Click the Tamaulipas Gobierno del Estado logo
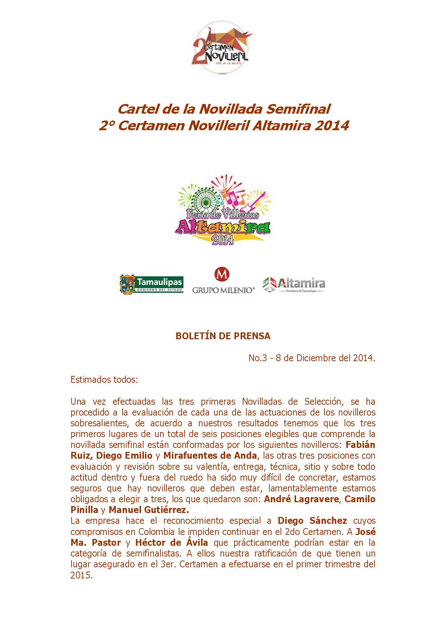[x=151, y=284]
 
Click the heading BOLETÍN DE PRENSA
[x=223, y=336]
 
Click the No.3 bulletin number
[x=258, y=358]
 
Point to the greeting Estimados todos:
[x=104, y=380]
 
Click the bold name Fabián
[x=360, y=445]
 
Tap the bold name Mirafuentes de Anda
[x=210, y=456]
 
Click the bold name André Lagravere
[x=301, y=499]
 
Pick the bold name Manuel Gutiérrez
[x=149, y=510]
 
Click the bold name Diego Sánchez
[x=312, y=521]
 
